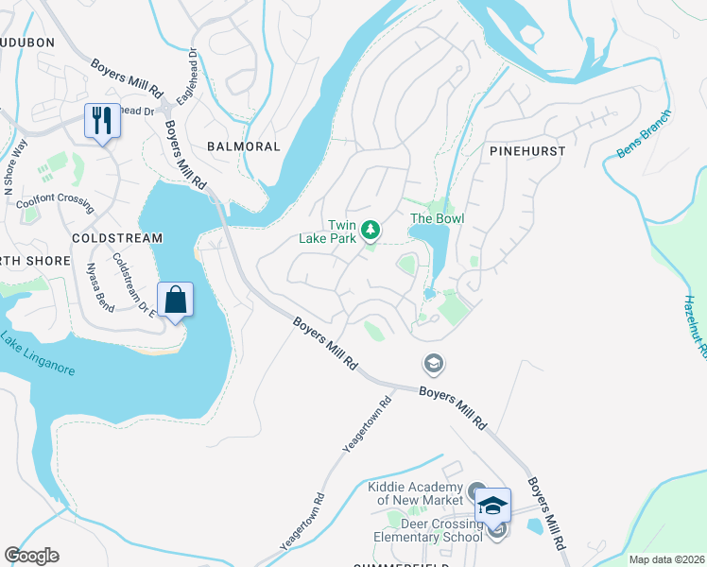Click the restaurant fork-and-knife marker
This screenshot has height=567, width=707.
pos(102,121)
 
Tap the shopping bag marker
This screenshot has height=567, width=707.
pos(175,300)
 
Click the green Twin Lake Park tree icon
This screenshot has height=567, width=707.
pos(372,229)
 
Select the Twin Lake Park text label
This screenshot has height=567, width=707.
pos(341,232)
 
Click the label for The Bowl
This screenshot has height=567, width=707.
pos(436,219)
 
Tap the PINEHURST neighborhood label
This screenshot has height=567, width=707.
pos(527,150)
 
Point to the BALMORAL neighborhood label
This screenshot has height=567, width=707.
pos(244,146)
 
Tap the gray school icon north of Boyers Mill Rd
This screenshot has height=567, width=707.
pos(433,363)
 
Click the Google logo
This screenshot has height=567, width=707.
pos(31,556)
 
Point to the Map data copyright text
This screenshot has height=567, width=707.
pos(666,559)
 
